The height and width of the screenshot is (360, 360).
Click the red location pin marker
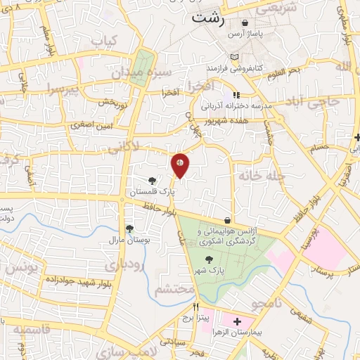pos(180,165)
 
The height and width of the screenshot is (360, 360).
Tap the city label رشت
pos(210,20)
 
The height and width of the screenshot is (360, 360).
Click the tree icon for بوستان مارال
pos(129,228)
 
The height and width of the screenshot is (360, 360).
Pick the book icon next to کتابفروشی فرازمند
pos(235,57)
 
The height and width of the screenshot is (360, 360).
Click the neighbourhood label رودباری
pos(124,266)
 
